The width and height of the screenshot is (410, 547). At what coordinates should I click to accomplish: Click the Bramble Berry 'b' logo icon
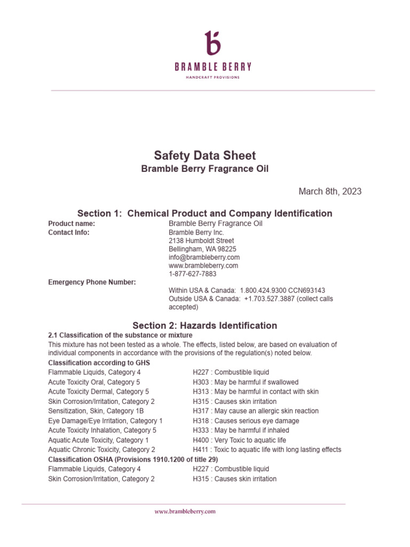click(x=212, y=43)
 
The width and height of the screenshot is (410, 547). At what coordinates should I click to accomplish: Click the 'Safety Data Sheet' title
click(x=205, y=155)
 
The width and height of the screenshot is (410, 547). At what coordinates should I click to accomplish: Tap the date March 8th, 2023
click(x=329, y=191)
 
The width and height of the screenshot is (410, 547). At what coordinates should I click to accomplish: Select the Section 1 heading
click(x=205, y=213)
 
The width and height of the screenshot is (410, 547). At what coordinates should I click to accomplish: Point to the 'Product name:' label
click(x=72, y=223)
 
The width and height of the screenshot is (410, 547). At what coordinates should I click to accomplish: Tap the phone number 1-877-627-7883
click(x=193, y=273)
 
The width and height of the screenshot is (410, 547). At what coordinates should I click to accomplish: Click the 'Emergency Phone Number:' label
click(x=92, y=282)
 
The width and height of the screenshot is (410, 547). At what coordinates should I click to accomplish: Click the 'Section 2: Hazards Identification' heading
click(x=205, y=325)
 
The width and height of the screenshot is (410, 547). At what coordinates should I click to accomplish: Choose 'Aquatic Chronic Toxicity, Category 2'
click(x=101, y=449)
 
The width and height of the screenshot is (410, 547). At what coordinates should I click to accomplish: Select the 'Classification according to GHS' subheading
click(x=99, y=363)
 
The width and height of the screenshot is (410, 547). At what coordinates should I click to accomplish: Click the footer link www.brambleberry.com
click(x=185, y=511)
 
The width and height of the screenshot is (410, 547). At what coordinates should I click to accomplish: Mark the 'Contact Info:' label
click(x=69, y=232)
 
